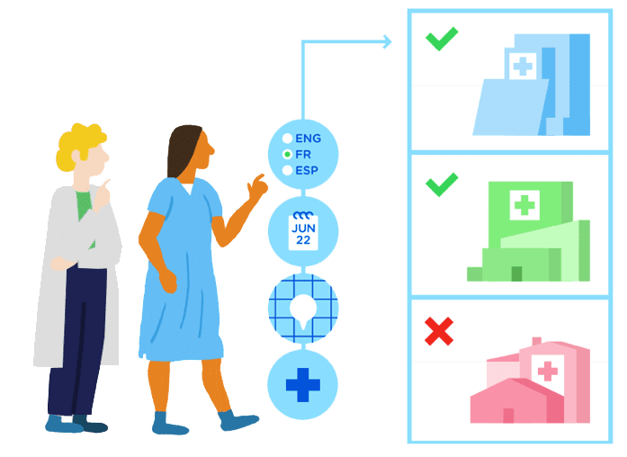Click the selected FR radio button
point(287,155)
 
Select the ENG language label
point(308,139)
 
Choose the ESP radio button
point(287,170)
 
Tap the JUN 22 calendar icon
point(303,231)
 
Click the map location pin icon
point(303,309)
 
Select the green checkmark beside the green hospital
point(442,185)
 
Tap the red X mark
point(439,331)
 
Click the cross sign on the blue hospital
point(523,64)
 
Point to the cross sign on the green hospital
point(523,205)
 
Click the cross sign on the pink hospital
point(547,369)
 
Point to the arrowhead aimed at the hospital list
point(387,40)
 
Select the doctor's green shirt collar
point(84,203)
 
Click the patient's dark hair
point(184,149)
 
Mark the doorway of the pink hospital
point(508,415)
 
